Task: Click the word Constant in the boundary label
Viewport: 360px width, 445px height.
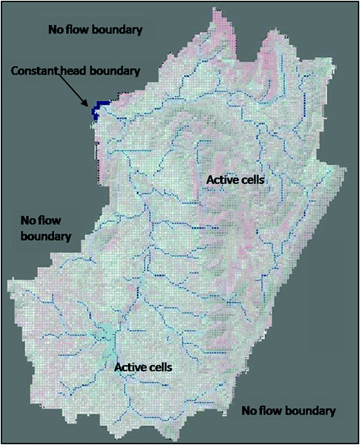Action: click(x=34, y=71)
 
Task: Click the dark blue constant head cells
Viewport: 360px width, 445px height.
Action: click(x=97, y=113)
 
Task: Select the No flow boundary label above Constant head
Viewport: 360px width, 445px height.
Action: click(x=96, y=30)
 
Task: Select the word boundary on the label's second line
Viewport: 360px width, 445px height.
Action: click(x=46, y=236)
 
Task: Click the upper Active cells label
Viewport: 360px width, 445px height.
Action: click(x=235, y=180)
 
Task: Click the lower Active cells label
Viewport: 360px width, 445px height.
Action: click(x=144, y=367)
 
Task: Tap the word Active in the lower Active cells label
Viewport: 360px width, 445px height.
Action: click(x=129, y=367)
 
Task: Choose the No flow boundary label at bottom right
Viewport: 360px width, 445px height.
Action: click(x=288, y=411)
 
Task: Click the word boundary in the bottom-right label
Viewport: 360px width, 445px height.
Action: click(x=311, y=411)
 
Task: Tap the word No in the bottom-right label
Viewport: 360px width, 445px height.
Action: click(x=249, y=411)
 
